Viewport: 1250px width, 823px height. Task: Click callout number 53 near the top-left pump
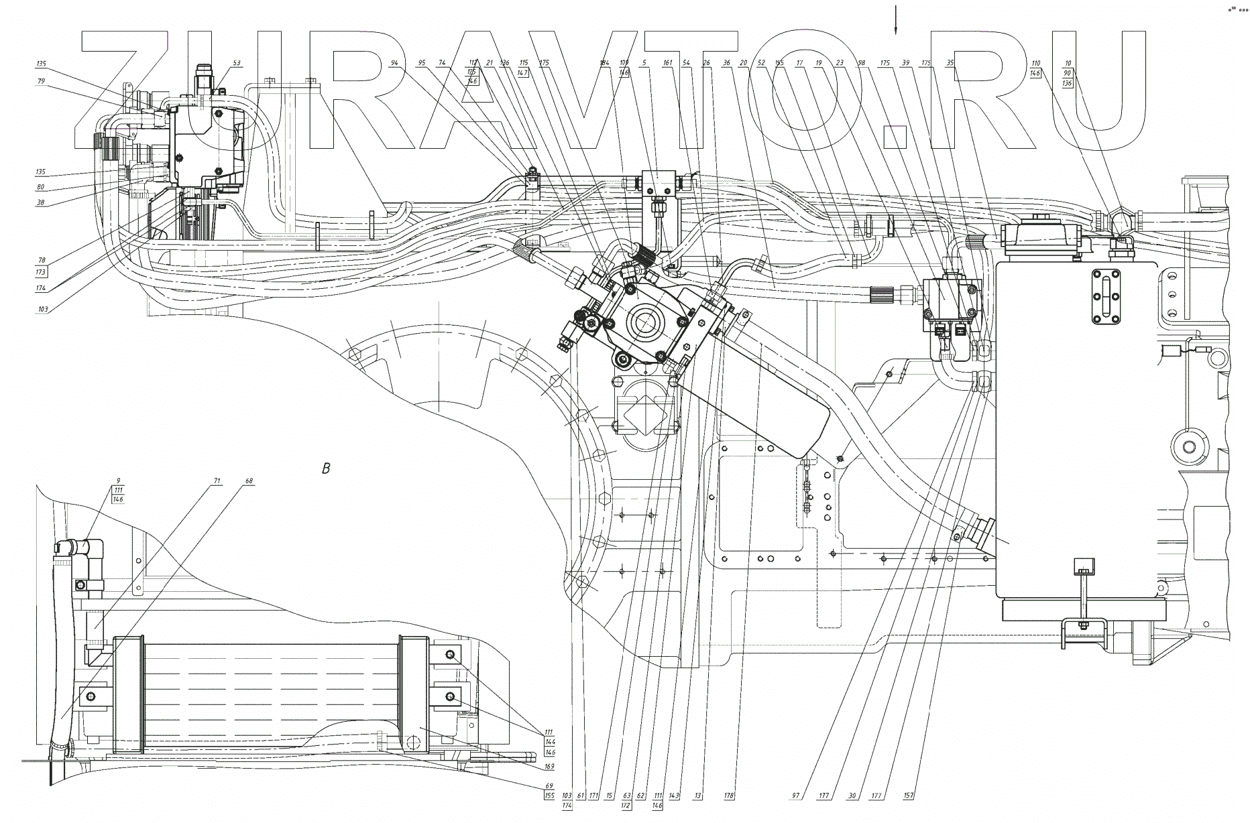236,63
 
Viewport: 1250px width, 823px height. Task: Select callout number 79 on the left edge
41,81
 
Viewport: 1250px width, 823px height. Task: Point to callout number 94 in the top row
394,63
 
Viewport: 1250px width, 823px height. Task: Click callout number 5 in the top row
644,63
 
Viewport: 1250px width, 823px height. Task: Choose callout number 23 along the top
840,63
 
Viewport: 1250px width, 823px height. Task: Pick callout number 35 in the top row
950,63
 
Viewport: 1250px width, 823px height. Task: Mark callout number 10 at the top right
1068,64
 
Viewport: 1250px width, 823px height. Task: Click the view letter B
327,468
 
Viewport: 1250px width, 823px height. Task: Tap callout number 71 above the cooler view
217,481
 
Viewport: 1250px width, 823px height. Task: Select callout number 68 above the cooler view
249,481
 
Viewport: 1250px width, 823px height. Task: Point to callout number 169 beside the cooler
549,766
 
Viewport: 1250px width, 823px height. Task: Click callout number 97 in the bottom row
796,796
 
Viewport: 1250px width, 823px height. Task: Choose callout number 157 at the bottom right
909,796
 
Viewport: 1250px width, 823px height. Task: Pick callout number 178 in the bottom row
730,796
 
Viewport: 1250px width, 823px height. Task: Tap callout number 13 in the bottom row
698,796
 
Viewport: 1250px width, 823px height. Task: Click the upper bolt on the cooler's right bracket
449,654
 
